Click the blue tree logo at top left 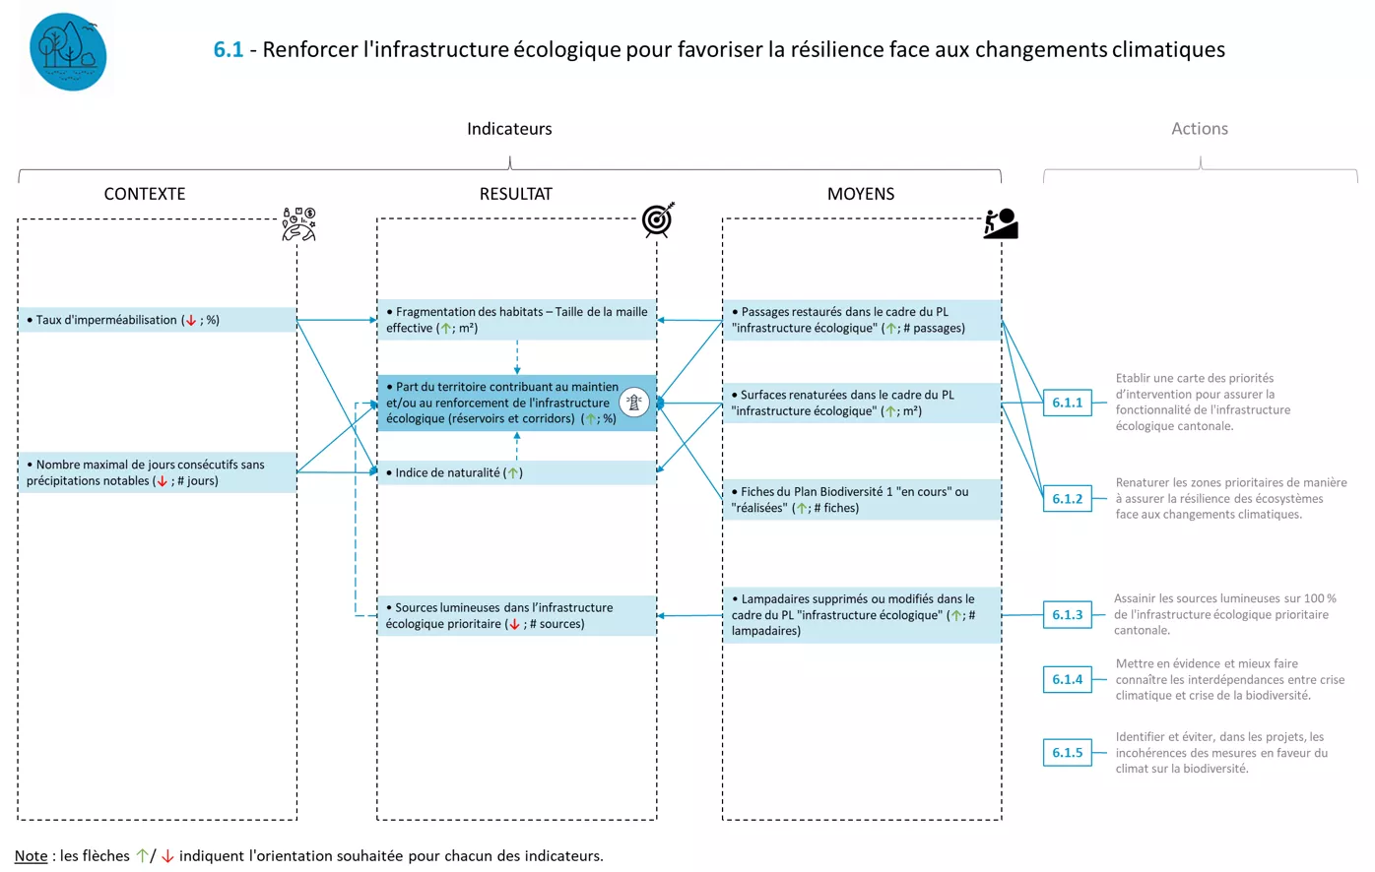(68, 52)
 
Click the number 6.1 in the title (228, 49)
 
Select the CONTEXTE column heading (145, 194)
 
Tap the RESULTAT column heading (515, 194)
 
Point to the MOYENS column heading (860, 194)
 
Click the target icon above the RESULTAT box (658, 219)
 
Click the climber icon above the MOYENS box (1001, 223)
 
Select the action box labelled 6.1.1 (1067, 403)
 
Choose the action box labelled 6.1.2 (1067, 499)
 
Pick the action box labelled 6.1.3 (1067, 615)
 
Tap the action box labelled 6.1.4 (1067, 680)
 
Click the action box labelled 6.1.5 (1067, 753)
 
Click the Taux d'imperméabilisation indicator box (157, 320)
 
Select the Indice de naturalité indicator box (516, 472)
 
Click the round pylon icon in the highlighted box (634, 402)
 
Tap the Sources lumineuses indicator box (516, 616)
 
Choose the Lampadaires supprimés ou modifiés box (861, 615)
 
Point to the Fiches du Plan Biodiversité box (861, 500)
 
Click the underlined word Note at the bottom (31, 856)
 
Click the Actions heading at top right (1199, 129)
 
